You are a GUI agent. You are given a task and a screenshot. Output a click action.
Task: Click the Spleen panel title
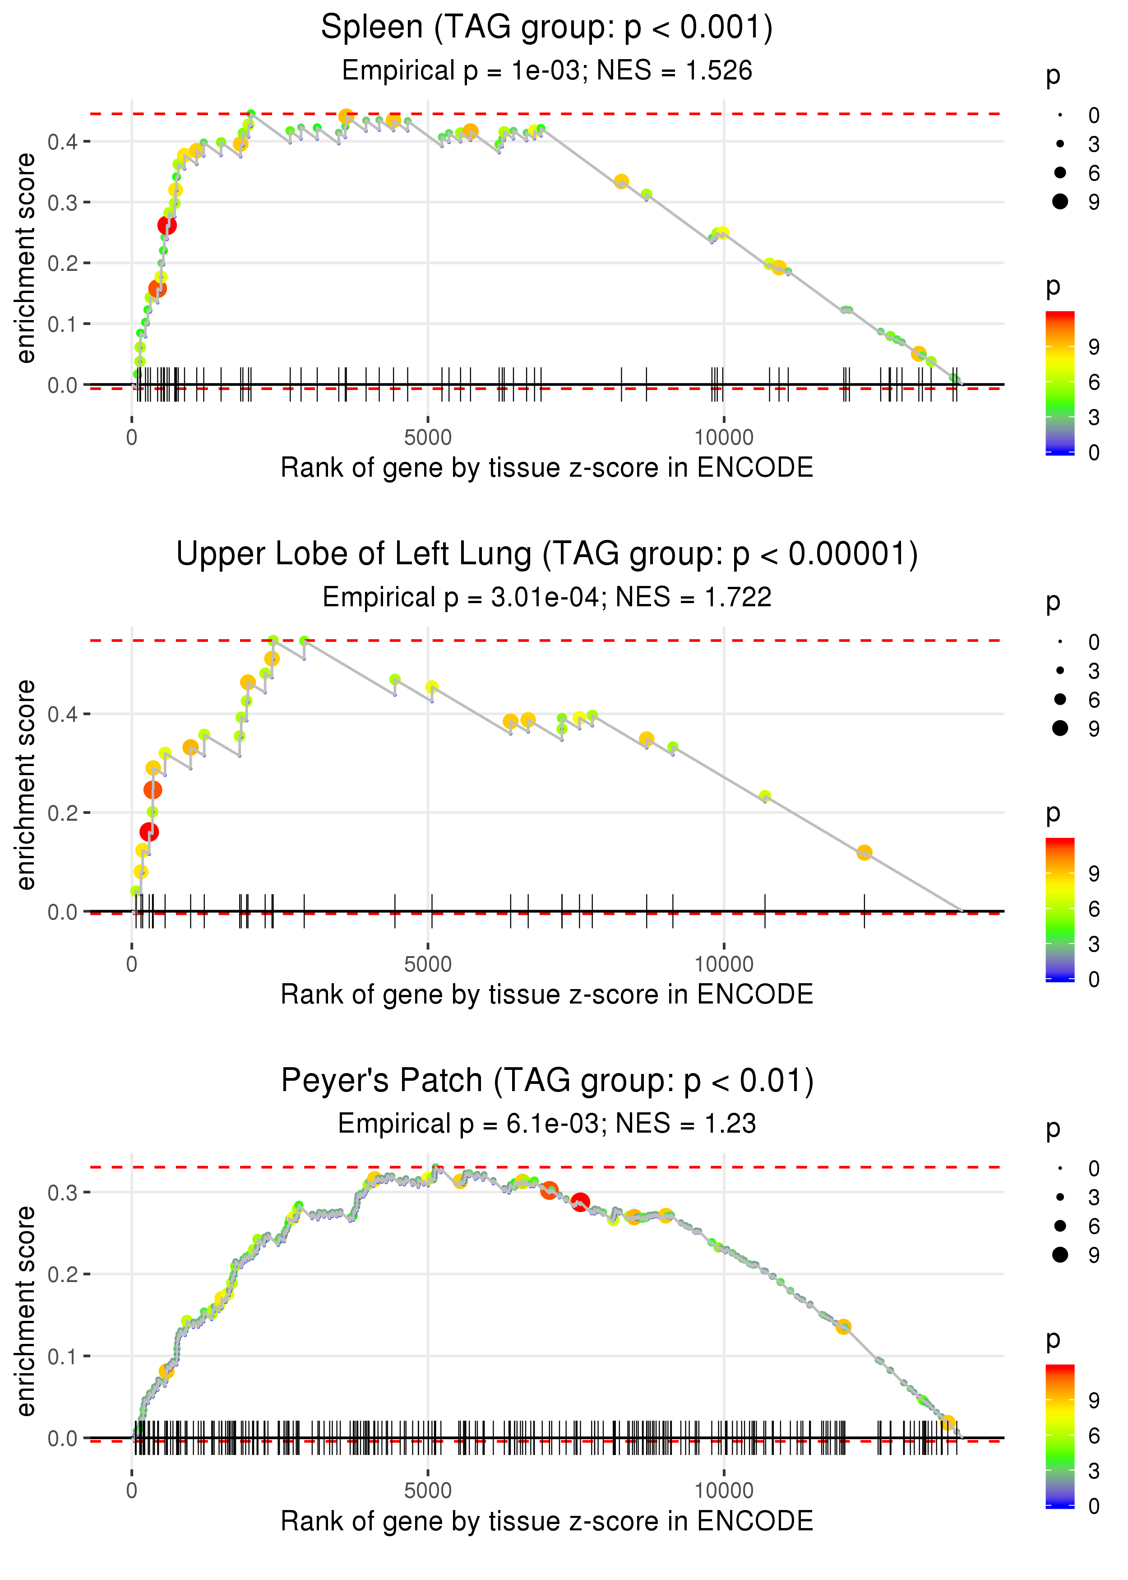coord(547,28)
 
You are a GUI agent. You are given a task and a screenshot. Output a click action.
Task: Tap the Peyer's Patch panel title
coord(547,1081)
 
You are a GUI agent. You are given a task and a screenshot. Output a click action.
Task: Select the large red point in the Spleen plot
coord(166,225)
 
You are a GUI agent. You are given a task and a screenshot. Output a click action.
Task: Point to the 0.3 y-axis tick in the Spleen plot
coord(63,203)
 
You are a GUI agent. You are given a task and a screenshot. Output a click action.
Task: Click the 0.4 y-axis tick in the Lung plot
coord(63,714)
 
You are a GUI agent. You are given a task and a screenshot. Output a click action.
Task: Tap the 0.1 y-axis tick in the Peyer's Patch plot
coord(63,1356)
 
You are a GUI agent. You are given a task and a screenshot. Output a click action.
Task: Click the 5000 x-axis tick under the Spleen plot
coord(428,438)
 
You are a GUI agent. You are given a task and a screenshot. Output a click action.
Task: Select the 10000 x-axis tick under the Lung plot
coord(724,964)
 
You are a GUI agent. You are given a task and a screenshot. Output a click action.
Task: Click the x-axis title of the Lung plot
coord(547,994)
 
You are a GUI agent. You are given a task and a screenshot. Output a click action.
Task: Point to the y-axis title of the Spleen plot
coord(26,259)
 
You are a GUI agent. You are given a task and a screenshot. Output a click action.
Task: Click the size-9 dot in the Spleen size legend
coord(1060,201)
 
